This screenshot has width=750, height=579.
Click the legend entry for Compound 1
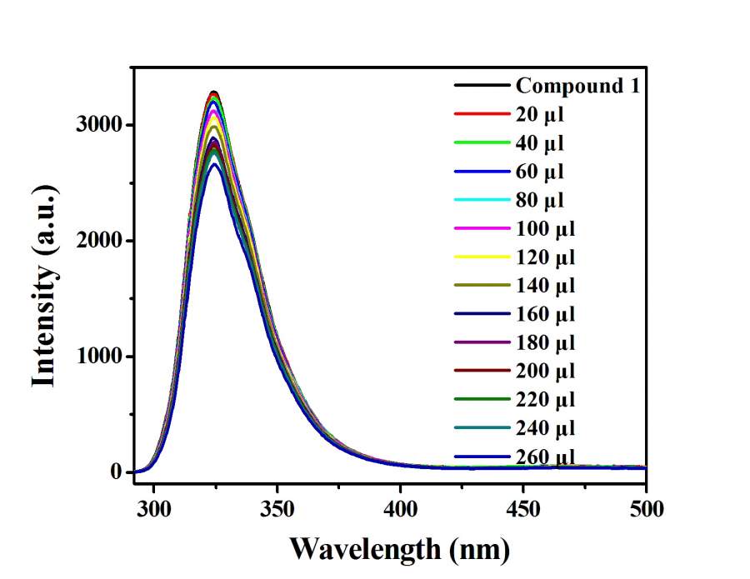coord(577,85)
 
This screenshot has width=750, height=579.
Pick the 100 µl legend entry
coord(545,228)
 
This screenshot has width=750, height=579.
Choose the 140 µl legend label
coord(545,286)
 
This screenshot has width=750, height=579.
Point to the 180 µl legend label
coord(545,342)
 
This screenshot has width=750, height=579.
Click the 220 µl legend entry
coord(545,400)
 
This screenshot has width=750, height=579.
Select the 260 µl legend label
coord(545,457)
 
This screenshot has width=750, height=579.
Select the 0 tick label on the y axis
coord(117,472)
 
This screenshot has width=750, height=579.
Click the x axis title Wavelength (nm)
coord(399,549)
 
